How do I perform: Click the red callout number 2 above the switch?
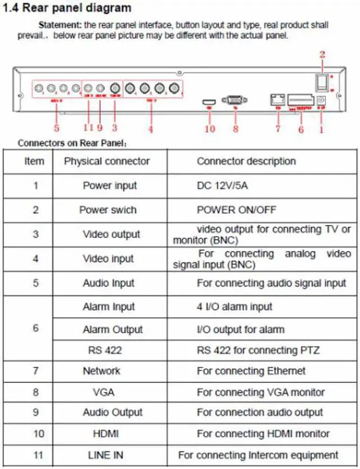(x=322, y=55)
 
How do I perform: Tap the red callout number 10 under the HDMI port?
(x=209, y=128)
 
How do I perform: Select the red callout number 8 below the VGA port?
(x=235, y=128)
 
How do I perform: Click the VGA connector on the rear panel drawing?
(x=232, y=100)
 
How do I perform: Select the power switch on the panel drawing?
(x=321, y=82)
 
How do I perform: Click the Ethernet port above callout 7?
(x=277, y=99)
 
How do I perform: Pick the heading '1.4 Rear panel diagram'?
(x=67, y=8)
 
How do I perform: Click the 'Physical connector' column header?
(x=107, y=161)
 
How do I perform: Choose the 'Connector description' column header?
(x=246, y=161)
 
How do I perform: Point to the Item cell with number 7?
(x=35, y=371)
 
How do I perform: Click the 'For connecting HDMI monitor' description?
(x=263, y=434)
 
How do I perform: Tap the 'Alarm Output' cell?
(x=112, y=330)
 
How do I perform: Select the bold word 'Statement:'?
(x=60, y=25)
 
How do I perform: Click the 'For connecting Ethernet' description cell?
(x=251, y=371)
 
